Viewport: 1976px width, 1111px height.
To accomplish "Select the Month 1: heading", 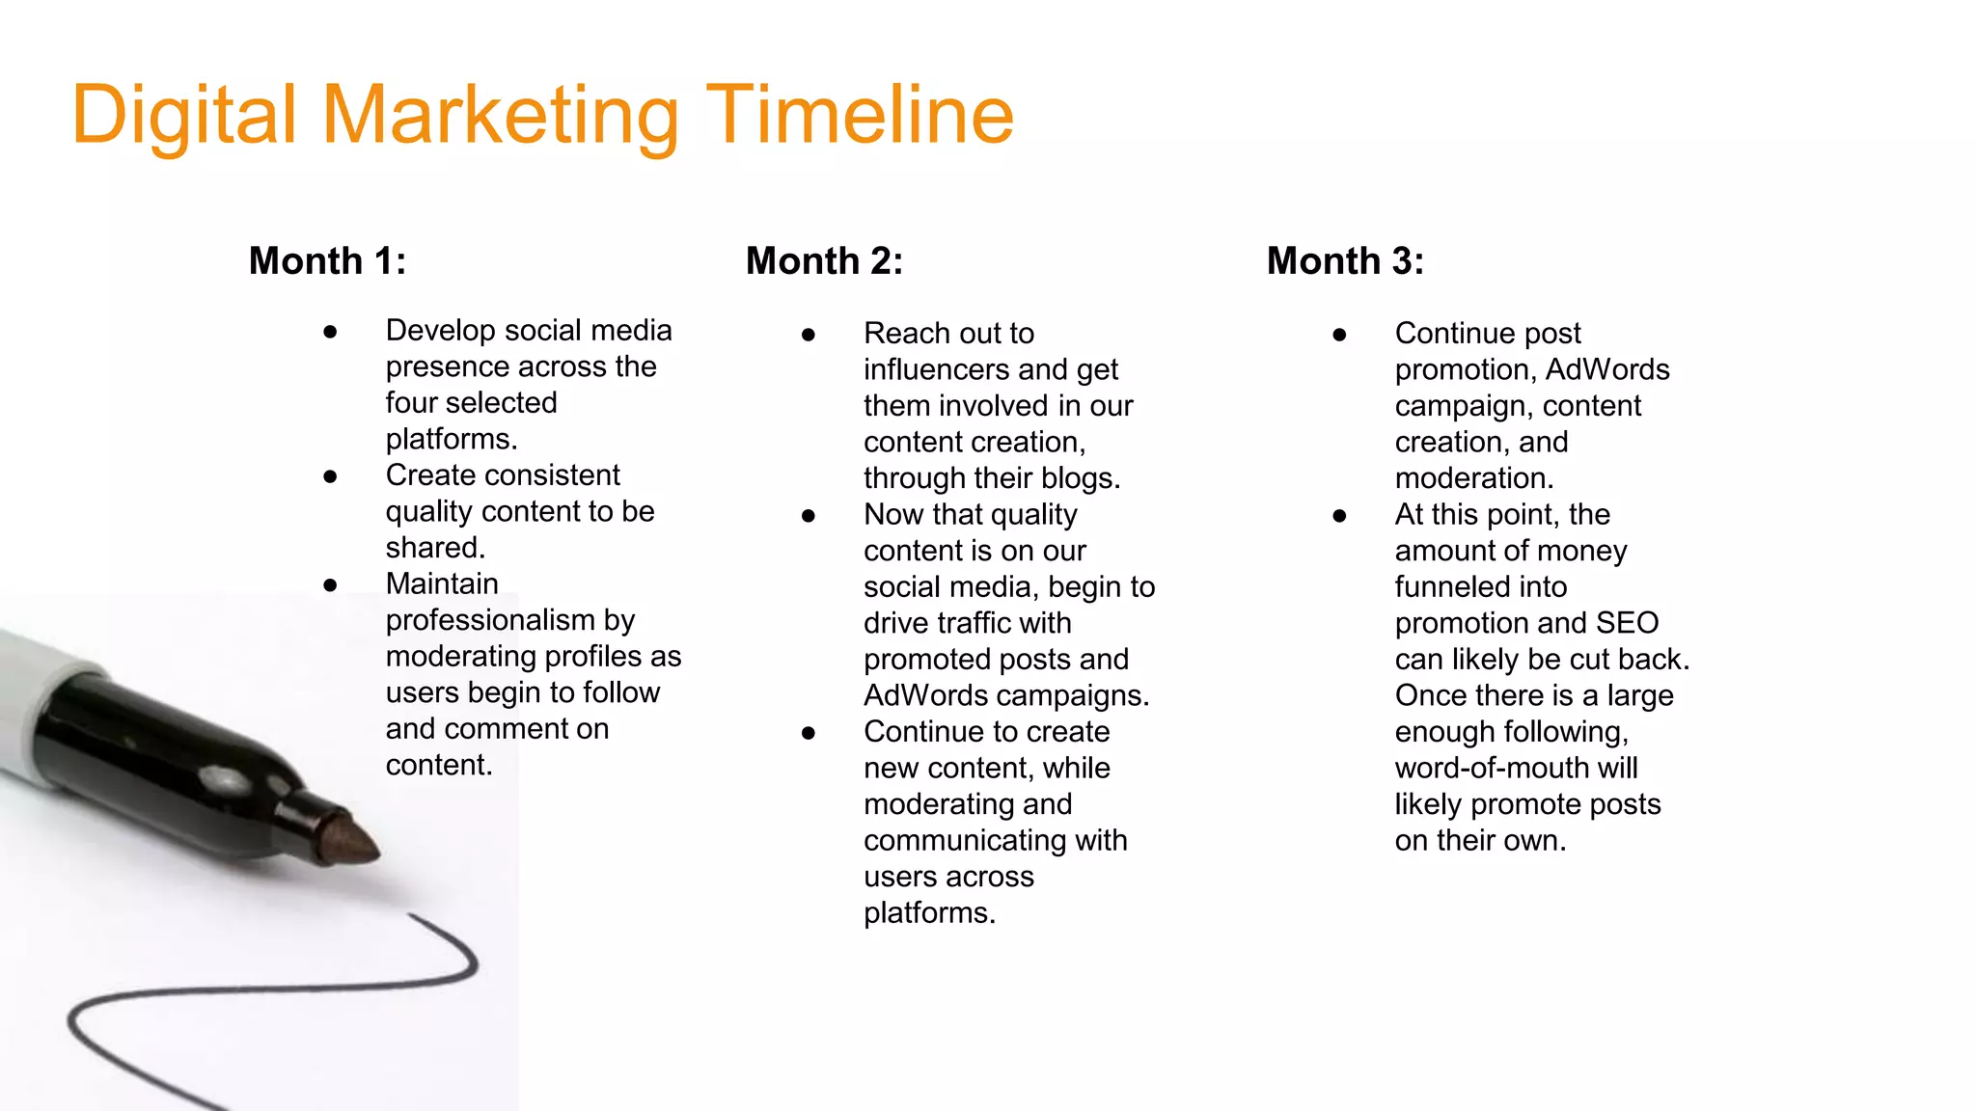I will (328, 261).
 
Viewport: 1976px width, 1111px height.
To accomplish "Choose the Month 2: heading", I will (825, 261).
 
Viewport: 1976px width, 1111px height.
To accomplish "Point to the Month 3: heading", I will (1346, 261).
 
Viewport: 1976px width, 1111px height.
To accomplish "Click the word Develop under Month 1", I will (440, 331).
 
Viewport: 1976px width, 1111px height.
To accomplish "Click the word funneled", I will (1480, 587).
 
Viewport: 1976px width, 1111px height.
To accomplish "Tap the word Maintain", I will (442, 584).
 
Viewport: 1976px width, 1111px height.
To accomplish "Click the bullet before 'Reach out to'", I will (809, 335).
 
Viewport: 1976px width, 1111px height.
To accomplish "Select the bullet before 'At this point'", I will (1339, 516).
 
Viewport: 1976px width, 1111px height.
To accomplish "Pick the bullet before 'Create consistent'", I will (330, 476).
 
